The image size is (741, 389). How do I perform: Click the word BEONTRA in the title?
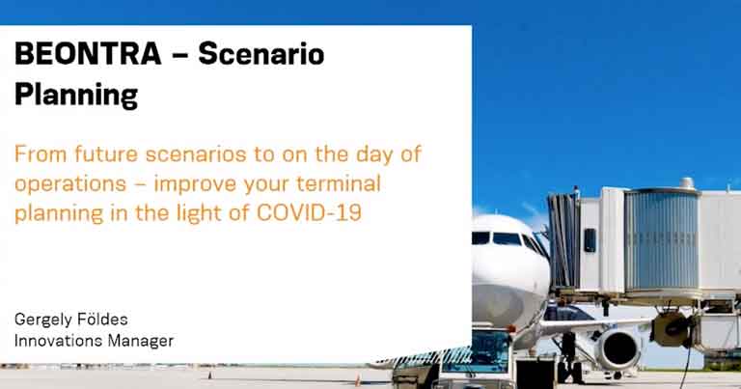point(88,54)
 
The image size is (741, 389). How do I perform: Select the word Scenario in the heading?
point(261,54)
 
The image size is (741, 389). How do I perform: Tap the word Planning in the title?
point(76,96)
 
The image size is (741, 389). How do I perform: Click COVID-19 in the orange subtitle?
point(309,212)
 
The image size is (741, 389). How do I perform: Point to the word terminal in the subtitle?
point(339,183)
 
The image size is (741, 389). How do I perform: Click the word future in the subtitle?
point(106,154)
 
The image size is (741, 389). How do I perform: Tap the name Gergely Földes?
point(71,320)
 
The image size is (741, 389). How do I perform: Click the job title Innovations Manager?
point(94,341)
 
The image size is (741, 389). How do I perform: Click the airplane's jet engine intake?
point(618,349)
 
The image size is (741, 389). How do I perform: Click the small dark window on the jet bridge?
point(590,240)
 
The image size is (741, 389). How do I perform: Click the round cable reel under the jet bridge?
point(672,329)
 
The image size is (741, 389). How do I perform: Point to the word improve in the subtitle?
point(195,184)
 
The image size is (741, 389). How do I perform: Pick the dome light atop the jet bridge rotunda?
point(687,183)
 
